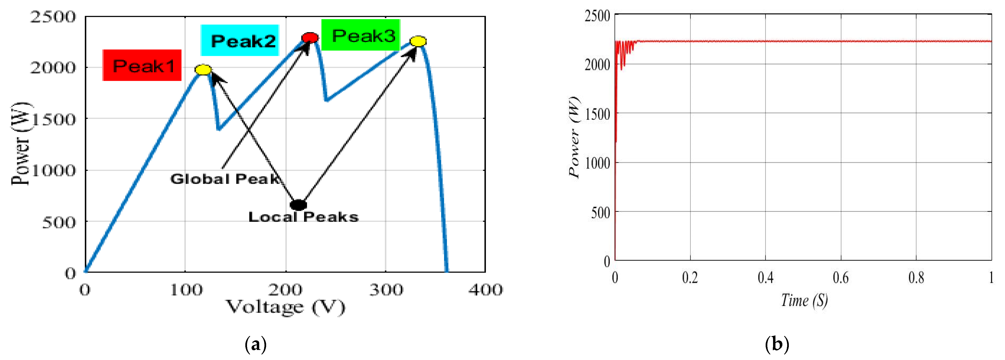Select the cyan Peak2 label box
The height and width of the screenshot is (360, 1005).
pyautogui.click(x=240, y=40)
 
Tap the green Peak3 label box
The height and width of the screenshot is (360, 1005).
pyautogui.click(x=361, y=35)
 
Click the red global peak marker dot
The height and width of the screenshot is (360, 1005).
pyautogui.click(x=310, y=38)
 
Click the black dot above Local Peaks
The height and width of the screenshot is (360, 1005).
pyautogui.click(x=298, y=204)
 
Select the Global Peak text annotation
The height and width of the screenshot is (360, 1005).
pyautogui.click(x=225, y=179)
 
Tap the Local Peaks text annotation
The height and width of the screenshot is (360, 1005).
pyautogui.click(x=303, y=217)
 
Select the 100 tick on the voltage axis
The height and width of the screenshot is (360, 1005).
pyautogui.click(x=186, y=290)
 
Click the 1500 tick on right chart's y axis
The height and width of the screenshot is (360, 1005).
pyautogui.click(x=597, y=114)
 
